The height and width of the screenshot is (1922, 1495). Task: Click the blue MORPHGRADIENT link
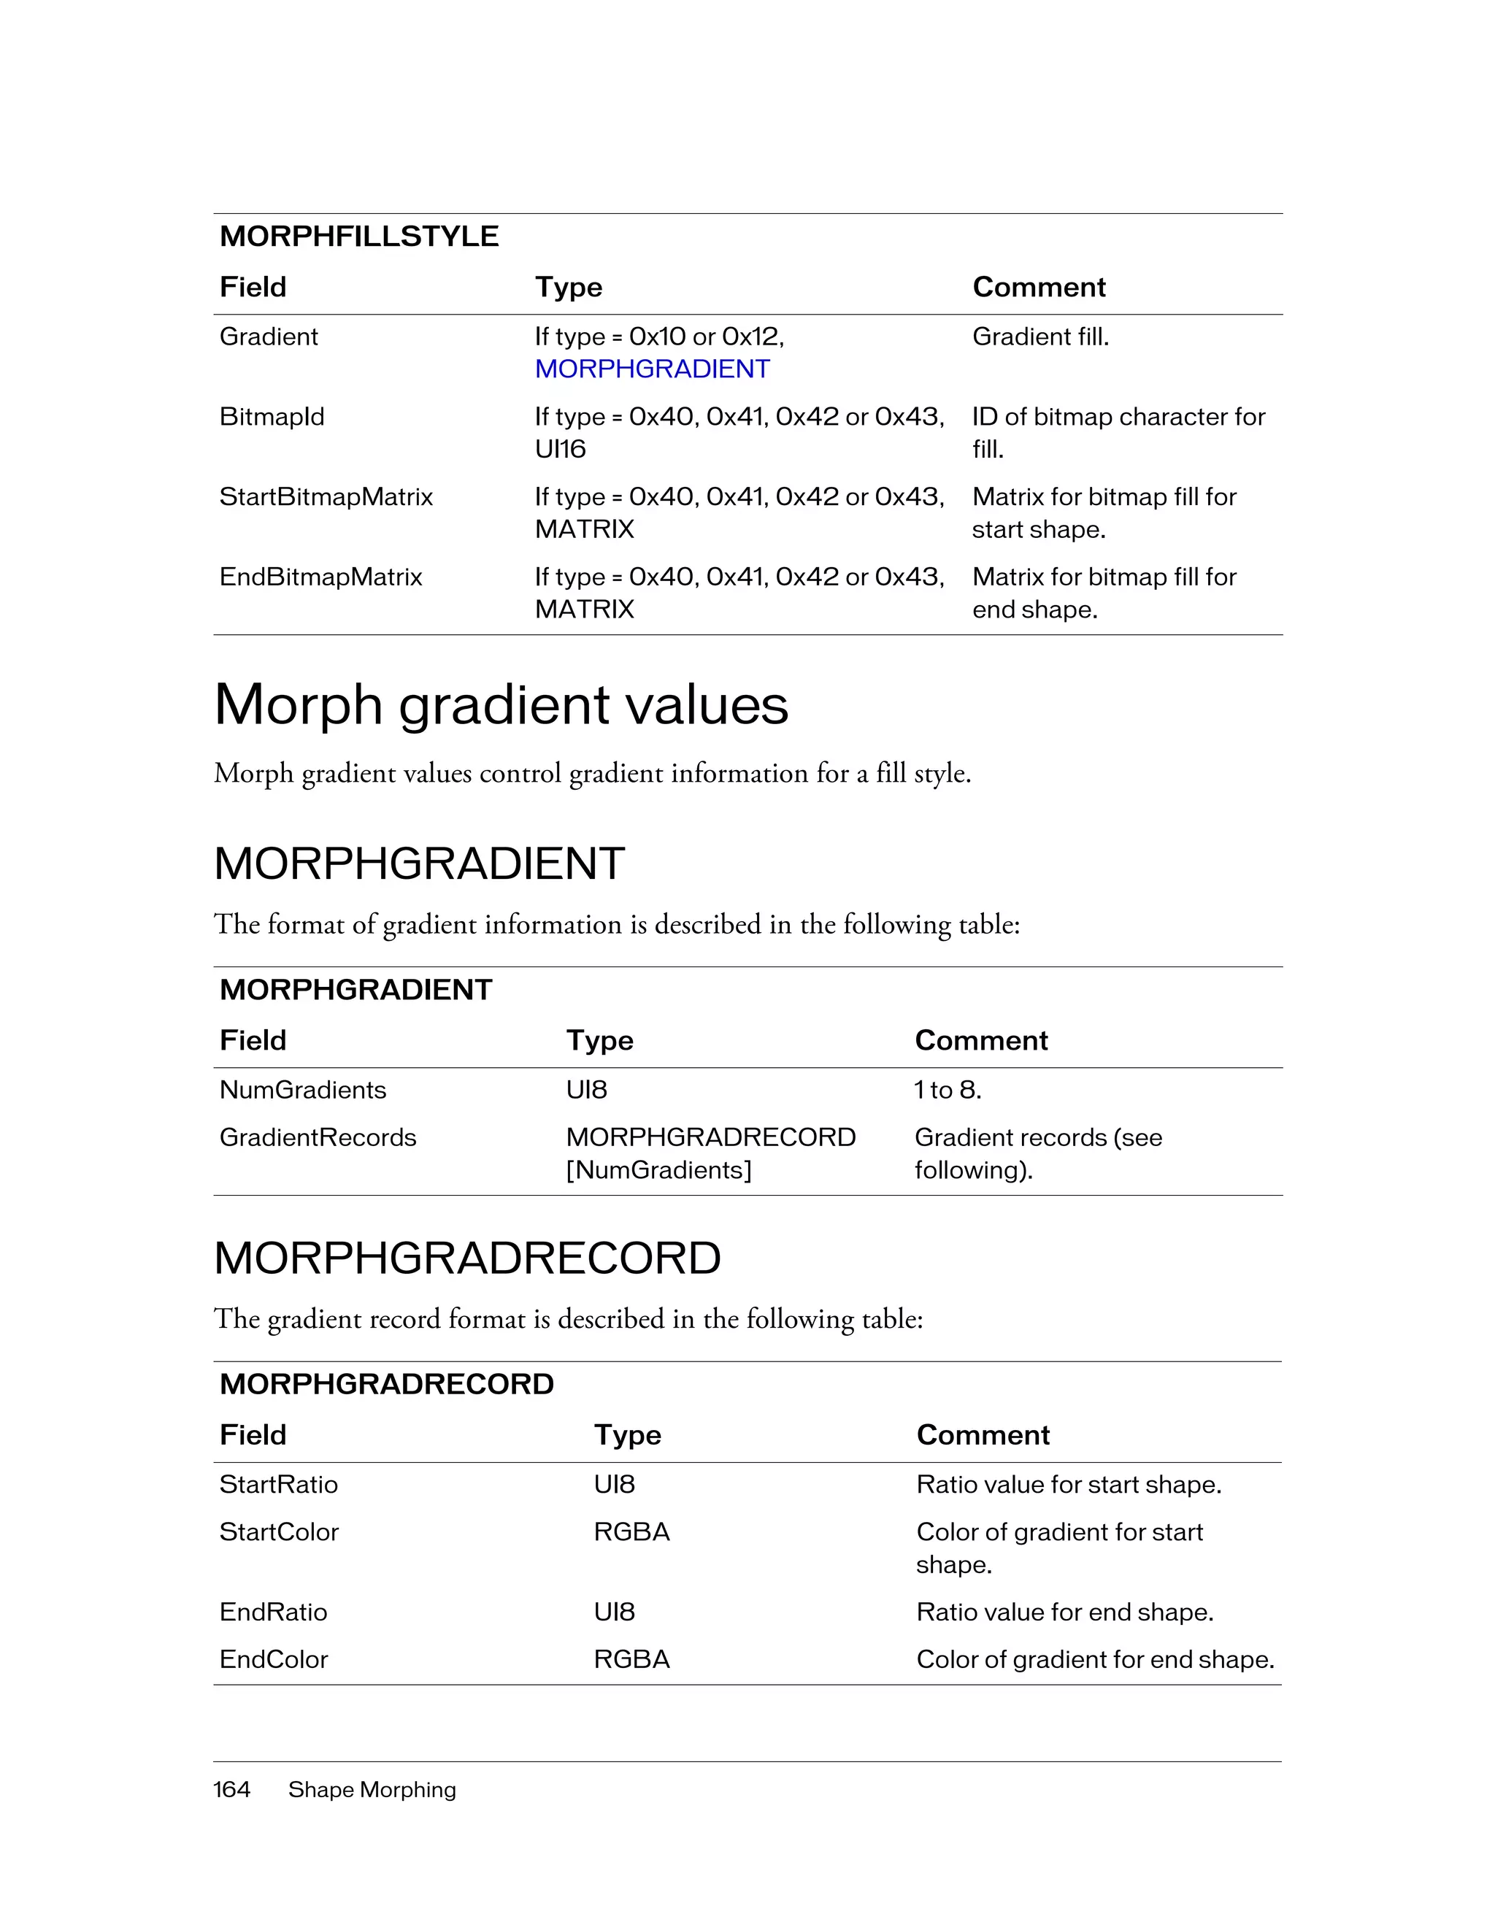coord(652,369)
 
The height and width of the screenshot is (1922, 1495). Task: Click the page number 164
coord(231,1789)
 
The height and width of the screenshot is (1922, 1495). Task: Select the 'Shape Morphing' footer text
coord(372,1789)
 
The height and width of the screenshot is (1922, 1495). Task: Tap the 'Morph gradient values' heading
coord(501,705)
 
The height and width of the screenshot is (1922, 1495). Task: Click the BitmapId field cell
coord(272,416)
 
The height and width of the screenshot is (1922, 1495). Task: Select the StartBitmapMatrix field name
coord(326,496)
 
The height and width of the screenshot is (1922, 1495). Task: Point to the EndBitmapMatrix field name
coord(320,577)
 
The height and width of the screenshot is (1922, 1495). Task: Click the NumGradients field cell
coord(303,1090)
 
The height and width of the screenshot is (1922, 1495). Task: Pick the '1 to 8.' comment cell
coord(948,1090)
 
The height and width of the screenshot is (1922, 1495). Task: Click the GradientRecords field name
coord(318,1137)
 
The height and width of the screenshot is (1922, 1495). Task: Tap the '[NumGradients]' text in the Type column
coord(658,1169)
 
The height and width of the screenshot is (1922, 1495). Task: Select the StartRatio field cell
coord(278,1484)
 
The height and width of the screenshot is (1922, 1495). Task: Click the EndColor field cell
coord(273,1659)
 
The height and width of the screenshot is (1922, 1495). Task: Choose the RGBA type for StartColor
coord(631,1531)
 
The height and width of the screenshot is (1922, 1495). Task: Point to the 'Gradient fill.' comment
coord(1040,337)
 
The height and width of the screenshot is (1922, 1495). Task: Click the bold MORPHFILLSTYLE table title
coord(359,236)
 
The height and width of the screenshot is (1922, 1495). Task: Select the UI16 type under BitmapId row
coord(560,449)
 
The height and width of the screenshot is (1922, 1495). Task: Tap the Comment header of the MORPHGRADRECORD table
coord(982,1434)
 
